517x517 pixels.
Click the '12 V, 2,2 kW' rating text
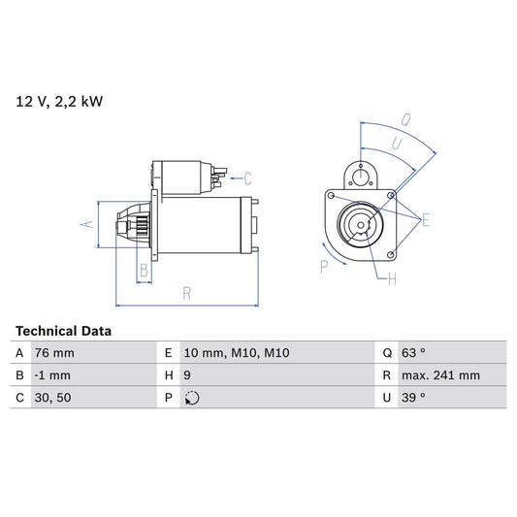point(57,100)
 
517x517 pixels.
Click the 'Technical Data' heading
point(63,331)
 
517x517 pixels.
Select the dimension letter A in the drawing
point(86,224)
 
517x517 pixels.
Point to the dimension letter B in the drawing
point(144,270)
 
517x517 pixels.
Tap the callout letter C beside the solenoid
point(247,178)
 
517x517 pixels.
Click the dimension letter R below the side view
point(186,292)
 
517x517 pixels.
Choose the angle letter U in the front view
point(396,143)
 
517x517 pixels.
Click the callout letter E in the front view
point(424,222)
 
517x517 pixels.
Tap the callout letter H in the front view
point(392,281)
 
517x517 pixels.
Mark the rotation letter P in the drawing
point(324,266)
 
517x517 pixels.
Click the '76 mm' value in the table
point(54,353)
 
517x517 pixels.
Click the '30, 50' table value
point(52,397)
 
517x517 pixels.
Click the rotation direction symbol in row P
point(192,398)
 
